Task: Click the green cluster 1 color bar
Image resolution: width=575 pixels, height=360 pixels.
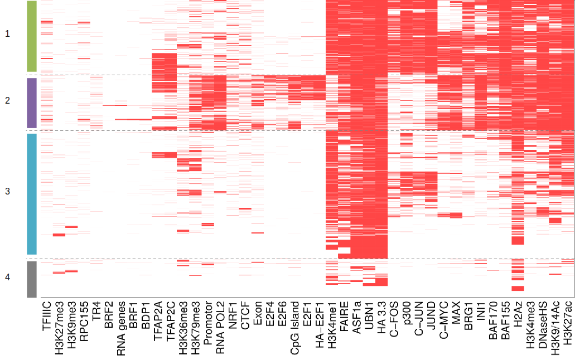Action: [x=31, y=36]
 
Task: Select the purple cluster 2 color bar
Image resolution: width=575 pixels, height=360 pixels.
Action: [x=31, y=103]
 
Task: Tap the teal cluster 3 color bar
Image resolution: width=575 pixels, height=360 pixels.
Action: [x=31, y=194]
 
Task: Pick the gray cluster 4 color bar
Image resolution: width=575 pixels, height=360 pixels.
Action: [x=31, y=279]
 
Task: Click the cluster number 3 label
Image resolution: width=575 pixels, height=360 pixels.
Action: [x=7, y=192]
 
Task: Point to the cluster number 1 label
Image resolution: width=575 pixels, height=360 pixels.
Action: [x=7, y=34]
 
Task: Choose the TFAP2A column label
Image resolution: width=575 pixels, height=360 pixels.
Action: [x=158, y=319]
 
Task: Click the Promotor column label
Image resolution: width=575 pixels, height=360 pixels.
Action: [x=207, y=321]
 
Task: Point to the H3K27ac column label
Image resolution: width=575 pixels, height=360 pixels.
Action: [x=568, y=322]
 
